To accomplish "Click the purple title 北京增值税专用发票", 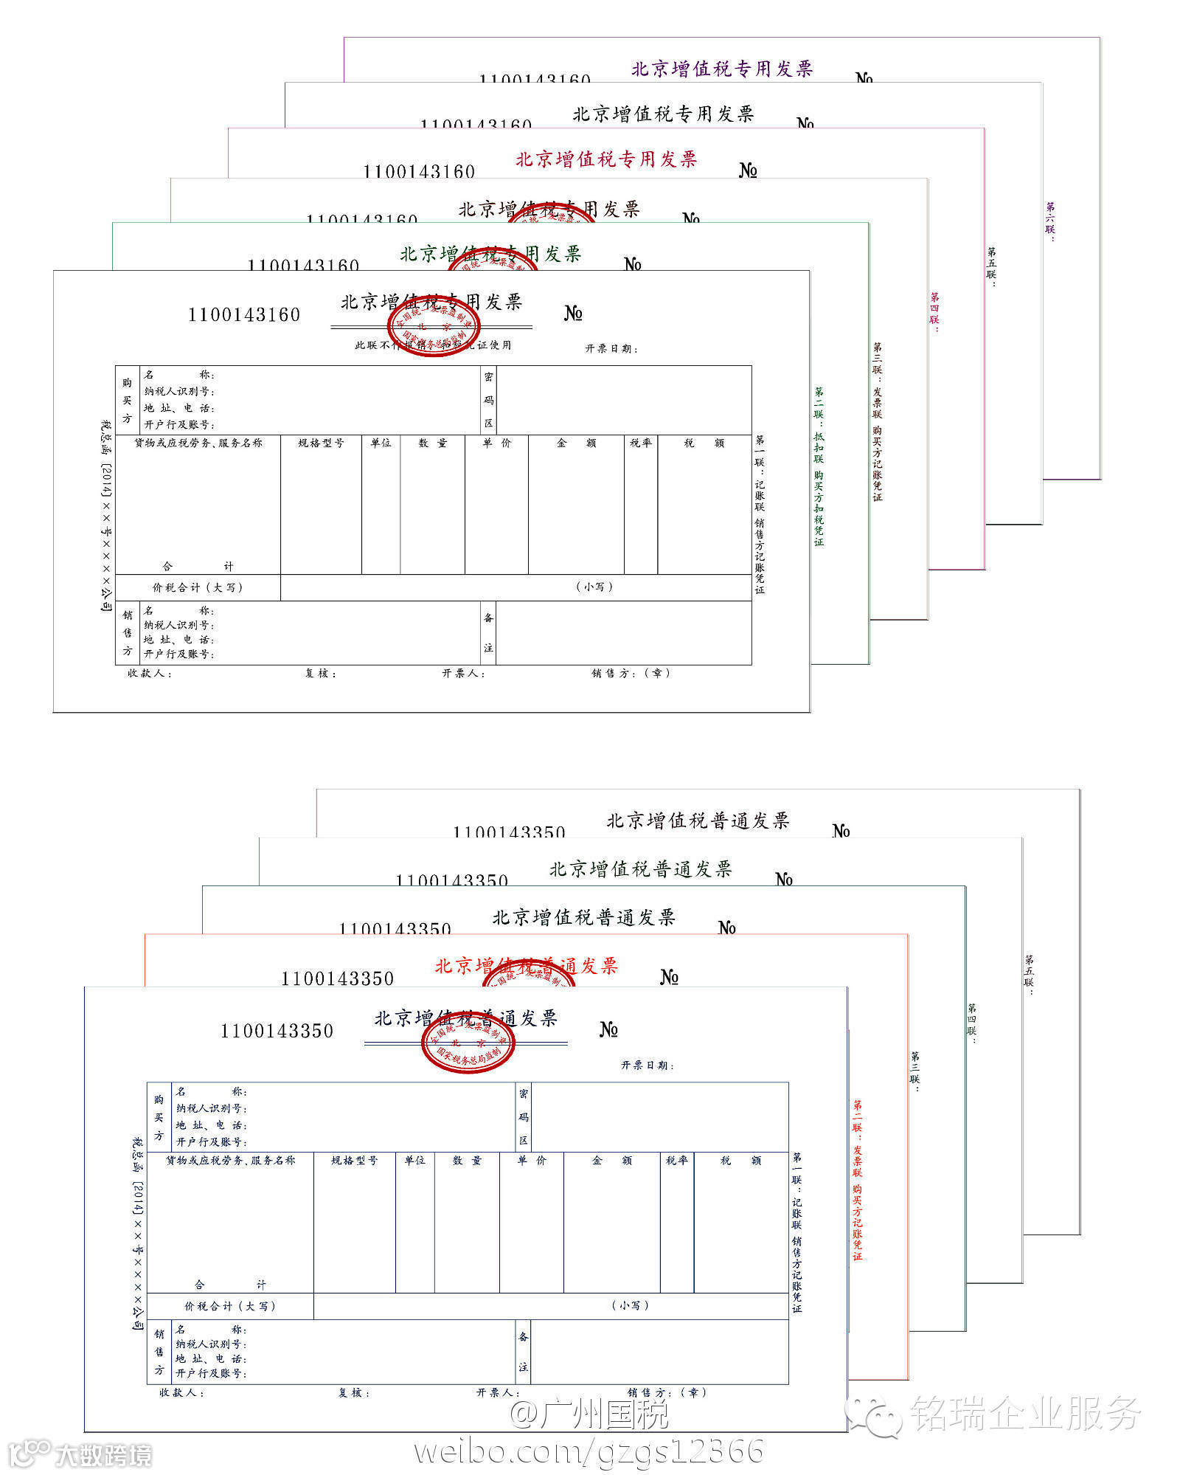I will (721, 69).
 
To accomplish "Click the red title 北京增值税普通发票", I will (526, 965).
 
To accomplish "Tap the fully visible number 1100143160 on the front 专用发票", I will (244, 315).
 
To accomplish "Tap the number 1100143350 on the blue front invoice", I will (277, 1031).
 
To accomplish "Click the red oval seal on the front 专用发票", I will (434, 325).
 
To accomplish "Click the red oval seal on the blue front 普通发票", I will (468, 1043).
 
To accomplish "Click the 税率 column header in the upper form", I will (640, 443).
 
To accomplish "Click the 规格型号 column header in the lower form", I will (354, 1160).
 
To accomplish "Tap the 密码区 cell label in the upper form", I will (488, 400).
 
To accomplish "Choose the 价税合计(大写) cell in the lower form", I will (230, 1305).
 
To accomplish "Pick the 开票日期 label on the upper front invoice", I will (611, 348).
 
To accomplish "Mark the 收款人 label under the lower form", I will (181, 1392).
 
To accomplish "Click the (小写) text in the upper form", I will (594, 587).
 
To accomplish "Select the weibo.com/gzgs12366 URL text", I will (589, 1451).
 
